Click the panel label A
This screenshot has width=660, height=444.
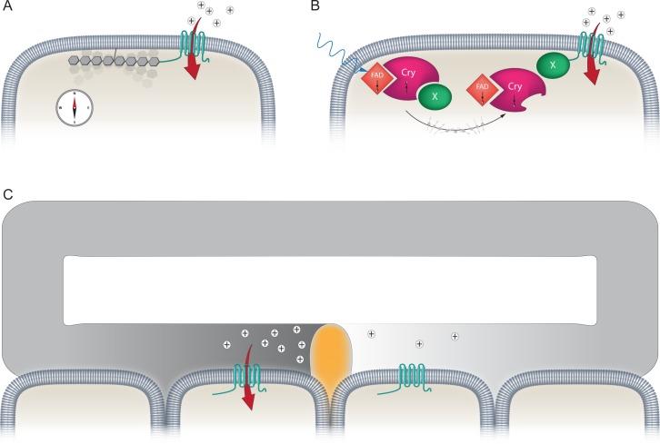8,7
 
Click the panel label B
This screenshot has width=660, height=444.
315,7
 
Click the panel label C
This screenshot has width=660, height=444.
8,193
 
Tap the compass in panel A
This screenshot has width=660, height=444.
75,107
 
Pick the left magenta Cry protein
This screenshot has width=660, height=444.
409,80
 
